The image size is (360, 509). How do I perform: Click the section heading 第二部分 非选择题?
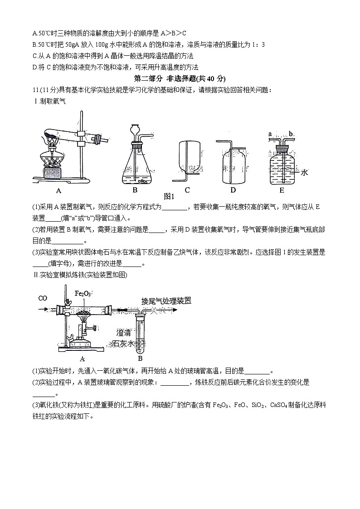180,78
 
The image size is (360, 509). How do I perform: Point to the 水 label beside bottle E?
304,172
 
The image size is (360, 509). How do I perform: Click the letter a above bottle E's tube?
270,134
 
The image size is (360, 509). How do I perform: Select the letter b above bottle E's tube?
291,134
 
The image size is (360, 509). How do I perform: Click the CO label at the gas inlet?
43,298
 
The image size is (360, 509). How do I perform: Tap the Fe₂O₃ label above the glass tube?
83,294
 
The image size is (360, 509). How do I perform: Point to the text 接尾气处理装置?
166,301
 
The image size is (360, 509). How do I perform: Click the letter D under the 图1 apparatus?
233,190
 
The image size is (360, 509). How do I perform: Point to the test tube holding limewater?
140,335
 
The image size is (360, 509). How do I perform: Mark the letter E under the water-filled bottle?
282,190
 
